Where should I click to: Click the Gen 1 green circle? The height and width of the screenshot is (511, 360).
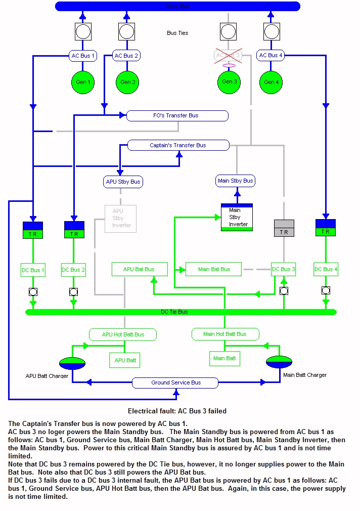[x=83, y=82]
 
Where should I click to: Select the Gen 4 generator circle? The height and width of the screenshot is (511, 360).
[x=270, y=82]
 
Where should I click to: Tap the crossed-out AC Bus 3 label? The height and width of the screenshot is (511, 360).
[x=228, y=55]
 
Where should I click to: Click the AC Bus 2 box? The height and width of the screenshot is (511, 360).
[x=126, y=56]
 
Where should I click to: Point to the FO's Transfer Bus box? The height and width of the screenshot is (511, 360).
[x=177, y=116]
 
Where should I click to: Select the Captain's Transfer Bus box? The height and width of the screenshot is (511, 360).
[x=178, y=145]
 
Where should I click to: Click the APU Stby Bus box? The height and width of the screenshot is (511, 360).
[x=123, y=182]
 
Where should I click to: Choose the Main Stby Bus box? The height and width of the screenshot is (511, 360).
[x=236, y=181]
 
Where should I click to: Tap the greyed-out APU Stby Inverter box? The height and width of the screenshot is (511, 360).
[x=120, y=218]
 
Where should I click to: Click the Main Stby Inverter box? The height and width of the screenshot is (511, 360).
[x=236, y=217]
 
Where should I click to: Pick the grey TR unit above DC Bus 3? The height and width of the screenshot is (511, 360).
[x=284, y=228]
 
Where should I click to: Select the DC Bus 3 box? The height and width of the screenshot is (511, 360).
[x=283, y=269]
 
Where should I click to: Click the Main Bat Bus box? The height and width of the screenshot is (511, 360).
[x=213, y=269]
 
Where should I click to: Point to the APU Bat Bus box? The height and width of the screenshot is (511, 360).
[x=139, y=269]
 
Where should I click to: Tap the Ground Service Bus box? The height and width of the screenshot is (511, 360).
[x=175, y=382]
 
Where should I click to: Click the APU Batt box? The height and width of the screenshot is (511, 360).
[x=124, y=360]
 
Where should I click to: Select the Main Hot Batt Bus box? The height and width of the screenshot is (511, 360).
[x=225, y=334]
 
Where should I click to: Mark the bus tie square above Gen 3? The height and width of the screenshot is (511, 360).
[x=229, y=32]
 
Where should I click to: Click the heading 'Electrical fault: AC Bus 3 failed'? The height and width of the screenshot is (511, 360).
[x=177, y=411]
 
